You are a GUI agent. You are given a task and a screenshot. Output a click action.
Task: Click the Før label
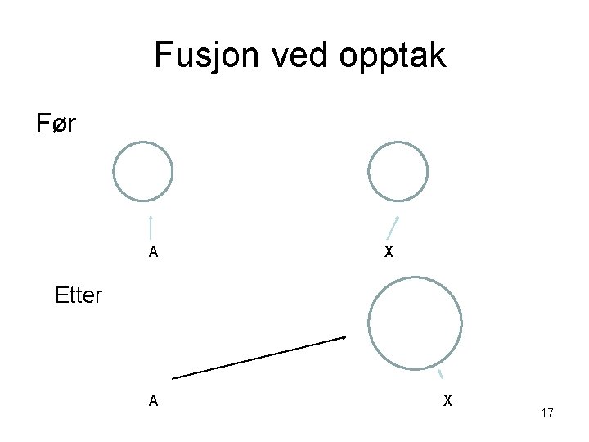[56, 124]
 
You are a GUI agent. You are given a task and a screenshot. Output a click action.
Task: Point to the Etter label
[79, 295]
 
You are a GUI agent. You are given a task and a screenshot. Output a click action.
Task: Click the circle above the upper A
[143, 172]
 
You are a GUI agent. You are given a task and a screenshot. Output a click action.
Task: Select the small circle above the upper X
[398, 172]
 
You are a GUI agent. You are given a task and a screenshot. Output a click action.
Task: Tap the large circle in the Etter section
[415, 325]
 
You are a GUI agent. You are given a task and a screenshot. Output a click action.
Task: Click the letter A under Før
[153, 252]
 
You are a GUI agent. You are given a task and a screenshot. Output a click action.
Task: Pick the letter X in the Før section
[389, 252]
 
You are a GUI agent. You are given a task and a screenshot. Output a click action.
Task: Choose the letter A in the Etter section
[153, 401]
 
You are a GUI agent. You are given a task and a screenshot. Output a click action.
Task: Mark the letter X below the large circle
[447, 401]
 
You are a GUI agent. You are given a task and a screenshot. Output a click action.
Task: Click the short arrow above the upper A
[151, 228]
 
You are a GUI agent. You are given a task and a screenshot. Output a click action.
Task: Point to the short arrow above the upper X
[393, 228]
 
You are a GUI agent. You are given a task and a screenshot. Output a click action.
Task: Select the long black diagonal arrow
[260, 358]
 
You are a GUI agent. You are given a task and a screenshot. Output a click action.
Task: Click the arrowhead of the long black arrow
[344, 337]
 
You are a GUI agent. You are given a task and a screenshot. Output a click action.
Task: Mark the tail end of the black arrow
[175, 377]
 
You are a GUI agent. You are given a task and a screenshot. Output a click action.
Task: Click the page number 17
[547, 413]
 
